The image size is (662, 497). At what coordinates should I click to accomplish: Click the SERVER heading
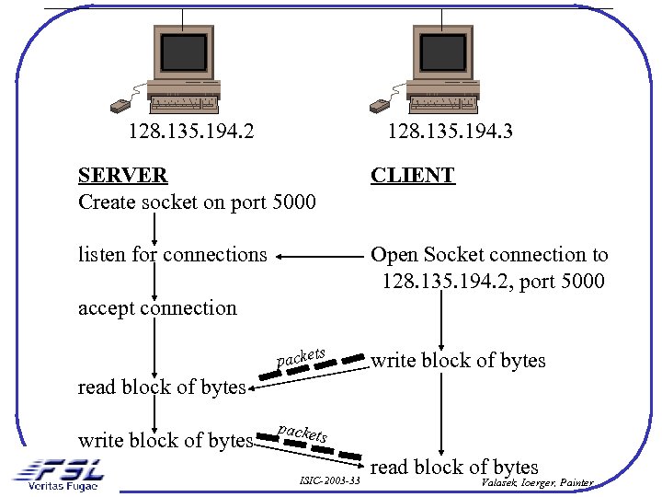tap(122, 175)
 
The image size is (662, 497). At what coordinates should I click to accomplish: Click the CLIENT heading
tap(412, 175)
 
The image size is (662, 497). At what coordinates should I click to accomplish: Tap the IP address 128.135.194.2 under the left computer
tap(191, 132)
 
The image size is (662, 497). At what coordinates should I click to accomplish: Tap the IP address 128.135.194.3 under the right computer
tap(450, 132)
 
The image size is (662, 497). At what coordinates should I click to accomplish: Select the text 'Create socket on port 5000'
tap(197, 202)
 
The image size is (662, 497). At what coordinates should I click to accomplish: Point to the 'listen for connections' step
tap(172, 255)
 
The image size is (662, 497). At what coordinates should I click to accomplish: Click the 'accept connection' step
tap(157, 308)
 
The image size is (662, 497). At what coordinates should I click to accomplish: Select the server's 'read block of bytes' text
tap(162, 387)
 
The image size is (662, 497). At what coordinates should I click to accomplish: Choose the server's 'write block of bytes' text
tap(165, 441)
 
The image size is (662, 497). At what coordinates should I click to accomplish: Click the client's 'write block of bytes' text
tap(458, 361)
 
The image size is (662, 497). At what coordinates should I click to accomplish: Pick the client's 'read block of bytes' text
tap(454, 467)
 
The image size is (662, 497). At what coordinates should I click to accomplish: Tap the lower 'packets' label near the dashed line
tap(302, 431)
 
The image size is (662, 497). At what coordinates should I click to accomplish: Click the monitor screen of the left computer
tap(184, 52)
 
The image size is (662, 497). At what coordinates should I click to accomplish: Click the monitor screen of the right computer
tap(442, 52)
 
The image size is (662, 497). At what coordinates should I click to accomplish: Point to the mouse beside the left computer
tap(120, 104)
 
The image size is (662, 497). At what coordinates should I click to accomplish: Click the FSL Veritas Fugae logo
tap(57, 473)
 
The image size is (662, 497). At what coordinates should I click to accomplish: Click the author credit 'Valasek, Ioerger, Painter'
tap(537, 482)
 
